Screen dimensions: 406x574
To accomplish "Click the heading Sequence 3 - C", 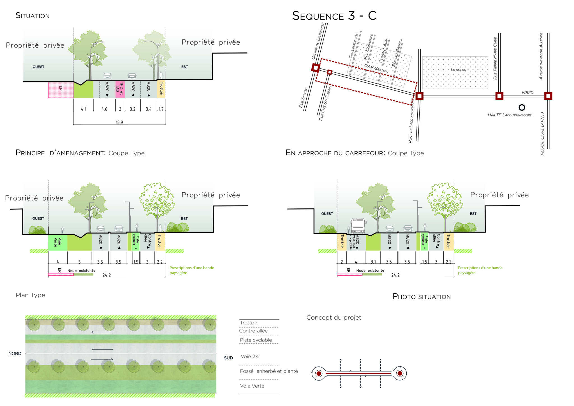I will pyautogui.click(x=334, y=16).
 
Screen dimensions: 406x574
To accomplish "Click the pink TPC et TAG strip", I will pyautogui.click(x=120, y=89).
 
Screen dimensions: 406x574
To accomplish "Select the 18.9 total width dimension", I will pyautogui.click(x=119, y=122).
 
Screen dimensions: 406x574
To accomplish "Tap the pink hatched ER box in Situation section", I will pyautogui.click(x=61, y=90).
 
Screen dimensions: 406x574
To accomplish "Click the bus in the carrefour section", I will pyautogui.click(x=358, y=226).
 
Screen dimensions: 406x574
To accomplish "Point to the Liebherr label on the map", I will pyautogui.click(x=458, y=70).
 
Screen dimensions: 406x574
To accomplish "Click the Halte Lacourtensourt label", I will pyautogui.click(x=509, y=115).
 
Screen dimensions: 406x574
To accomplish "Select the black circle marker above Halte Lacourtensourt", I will pyautogui.click(x=522, y=107).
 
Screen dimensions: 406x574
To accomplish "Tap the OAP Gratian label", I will pyautogui.click(x=376, y=68).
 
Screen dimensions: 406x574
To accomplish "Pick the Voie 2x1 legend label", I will pyautogui.click(x=250, y=356).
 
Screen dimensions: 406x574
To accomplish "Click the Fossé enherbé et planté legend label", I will pyautogui.click(x=269, y=371).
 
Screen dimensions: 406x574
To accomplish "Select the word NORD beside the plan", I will pyautogui.click(x=15, y=354).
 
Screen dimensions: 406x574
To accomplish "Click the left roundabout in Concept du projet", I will pyautogui.click(x=319, y=373).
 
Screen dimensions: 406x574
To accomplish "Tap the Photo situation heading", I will pyautogui.click(x=422, y=297).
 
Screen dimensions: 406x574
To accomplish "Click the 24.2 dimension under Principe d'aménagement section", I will pyautogui.click(x=107, y=275).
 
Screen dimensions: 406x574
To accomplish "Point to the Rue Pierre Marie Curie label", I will pyautogui.click(x=495, y=58).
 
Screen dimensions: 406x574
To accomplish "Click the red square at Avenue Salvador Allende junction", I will pyautogui.click(x=548, y=96).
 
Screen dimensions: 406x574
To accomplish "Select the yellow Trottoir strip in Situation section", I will pyautogui.click(x=161, y=89).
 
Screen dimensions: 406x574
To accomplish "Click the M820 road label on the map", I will pyautogui.click(x=527, y=93).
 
